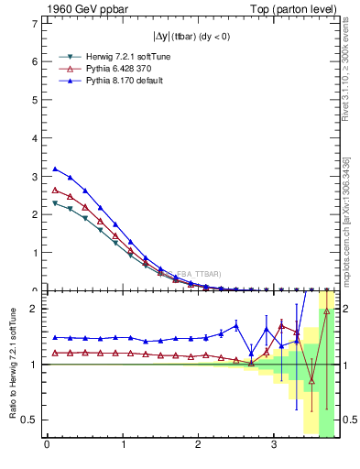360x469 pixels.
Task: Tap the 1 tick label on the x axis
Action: click(x=123, y=446)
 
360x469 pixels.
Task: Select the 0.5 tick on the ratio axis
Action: click(x=31, y=420)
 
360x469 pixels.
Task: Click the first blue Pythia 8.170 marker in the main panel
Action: click(x=55, y=169)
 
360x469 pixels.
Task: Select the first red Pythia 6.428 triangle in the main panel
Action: click(x=55, y=190)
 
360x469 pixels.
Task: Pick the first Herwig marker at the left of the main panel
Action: click(x=55, y=203)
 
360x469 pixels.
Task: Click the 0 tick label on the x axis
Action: click(x=47, y=446)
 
